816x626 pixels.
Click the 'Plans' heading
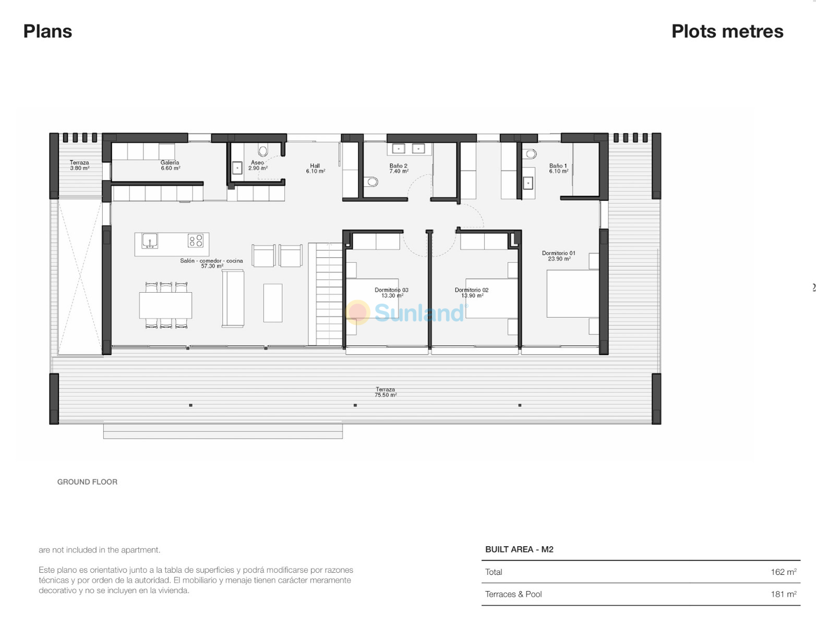[x=47, y=31]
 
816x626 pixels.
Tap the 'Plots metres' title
[x=727, y=31]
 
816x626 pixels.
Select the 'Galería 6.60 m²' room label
[x=170, y=165]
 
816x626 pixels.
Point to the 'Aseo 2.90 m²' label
[x=258, y=165]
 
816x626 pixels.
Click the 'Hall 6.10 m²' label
[x=316, y=168]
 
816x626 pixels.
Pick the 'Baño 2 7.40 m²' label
[x=399, y=168]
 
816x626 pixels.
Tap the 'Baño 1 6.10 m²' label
[x=558, y=168]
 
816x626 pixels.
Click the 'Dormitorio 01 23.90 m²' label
[x=558, y=256]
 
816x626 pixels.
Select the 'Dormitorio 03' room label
[x=391, y=290]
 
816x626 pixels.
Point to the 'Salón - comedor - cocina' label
[x=211, y=260]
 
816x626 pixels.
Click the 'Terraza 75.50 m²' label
[x=385, y=392]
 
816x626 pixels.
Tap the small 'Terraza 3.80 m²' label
[x=80, y=165]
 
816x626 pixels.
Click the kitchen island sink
[x=149, y=240]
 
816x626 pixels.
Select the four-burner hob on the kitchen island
[x=196, y=240]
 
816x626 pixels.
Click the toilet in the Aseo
[x=263, y=151]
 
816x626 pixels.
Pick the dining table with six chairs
[x=165, y=305]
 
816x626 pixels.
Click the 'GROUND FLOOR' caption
[x=87, y=482]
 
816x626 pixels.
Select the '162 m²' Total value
[x=783, y=572]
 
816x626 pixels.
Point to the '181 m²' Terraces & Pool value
[x=783, y=594]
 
